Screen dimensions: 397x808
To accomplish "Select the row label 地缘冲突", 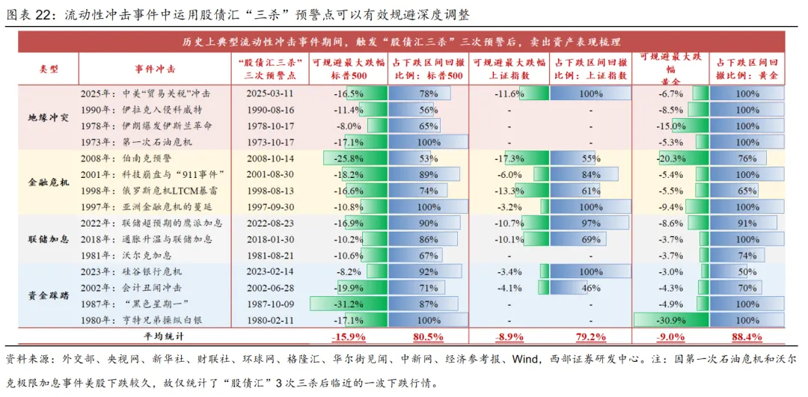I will (x=48, y=118).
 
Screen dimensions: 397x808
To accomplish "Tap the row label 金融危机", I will (x=48, y=182).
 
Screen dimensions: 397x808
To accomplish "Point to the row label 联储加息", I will (x=48, y=239).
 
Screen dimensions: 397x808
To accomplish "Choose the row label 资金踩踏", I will (x=48, y=295).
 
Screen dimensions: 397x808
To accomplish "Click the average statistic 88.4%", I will (x=747, y=336).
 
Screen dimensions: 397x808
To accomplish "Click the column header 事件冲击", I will (x=156, y=69).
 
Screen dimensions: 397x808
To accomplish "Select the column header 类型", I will (x=48, y=69).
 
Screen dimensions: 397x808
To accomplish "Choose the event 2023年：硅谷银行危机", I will (x=131, y=271).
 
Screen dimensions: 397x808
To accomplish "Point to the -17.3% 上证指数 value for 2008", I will (x=509, y=159).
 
